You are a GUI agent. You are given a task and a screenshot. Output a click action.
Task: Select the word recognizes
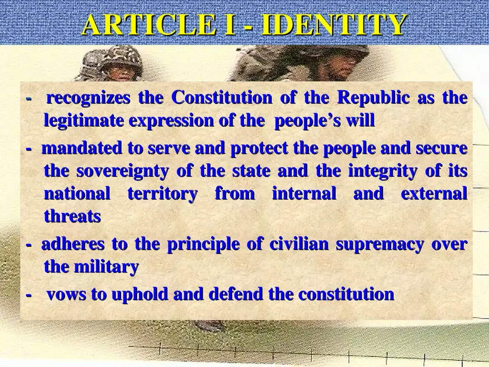pos(88,98)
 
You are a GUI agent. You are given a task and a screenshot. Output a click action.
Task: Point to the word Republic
pos(373,98)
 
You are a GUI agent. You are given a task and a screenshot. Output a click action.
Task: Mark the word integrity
pos(382,171)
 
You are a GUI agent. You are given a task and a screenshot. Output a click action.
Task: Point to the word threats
pos(72,216)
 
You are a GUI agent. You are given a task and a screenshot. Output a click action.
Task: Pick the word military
pos(107,267)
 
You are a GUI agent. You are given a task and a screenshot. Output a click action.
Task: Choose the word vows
pos(66,294)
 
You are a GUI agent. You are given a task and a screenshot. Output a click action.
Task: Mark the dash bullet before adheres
pos(29,245)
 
